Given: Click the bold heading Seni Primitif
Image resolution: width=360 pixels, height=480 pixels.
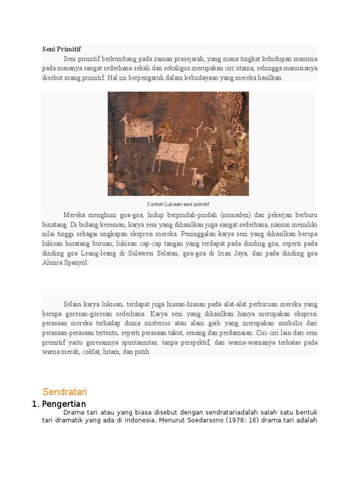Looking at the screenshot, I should [61, 49].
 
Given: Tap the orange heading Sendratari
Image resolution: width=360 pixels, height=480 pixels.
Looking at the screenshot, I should [65, 392].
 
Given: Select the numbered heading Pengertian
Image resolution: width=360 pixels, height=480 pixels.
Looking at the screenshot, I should [64, 404].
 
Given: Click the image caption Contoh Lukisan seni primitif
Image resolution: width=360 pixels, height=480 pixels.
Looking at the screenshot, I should [178, 204].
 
